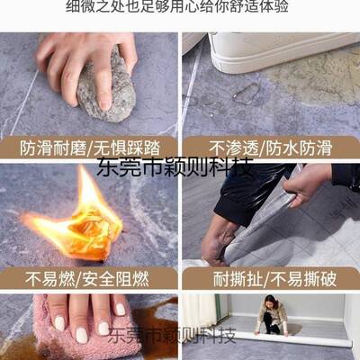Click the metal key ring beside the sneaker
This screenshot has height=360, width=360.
pos(245,93)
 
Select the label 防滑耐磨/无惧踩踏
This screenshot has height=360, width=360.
pos(88,148)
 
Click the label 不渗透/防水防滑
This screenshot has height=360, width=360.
pos(271,148)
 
